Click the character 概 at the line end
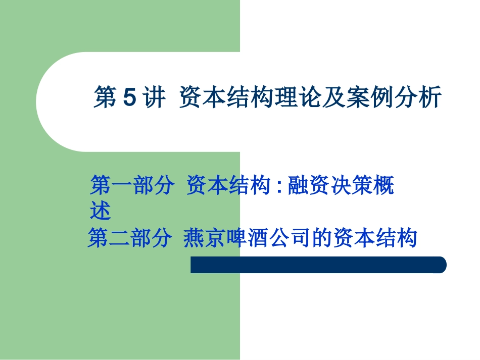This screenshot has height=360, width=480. [x=383, y=186]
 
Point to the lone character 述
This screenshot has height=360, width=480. [x=100, y=211]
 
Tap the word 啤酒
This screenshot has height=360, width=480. [x=246, y=238]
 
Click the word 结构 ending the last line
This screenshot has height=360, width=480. [x=396, y=238]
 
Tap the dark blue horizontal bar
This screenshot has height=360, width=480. [x=318, y=265]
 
